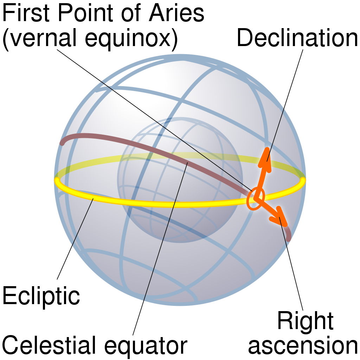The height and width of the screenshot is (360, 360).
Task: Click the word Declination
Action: point(297,38)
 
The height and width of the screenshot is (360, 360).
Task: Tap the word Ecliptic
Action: point(41,296)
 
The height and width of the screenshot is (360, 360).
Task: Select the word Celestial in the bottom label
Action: point(49,345)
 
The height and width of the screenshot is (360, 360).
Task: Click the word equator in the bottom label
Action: point(146,346)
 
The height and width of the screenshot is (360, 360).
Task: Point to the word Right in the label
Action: point(306,321)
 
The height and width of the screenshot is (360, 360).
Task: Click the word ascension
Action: point(303,346)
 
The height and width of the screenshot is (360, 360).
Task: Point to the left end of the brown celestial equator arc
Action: point(62,143)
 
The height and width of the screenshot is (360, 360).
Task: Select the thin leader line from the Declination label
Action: point(285,105)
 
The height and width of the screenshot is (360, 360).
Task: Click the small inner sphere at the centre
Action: point(180,180)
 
